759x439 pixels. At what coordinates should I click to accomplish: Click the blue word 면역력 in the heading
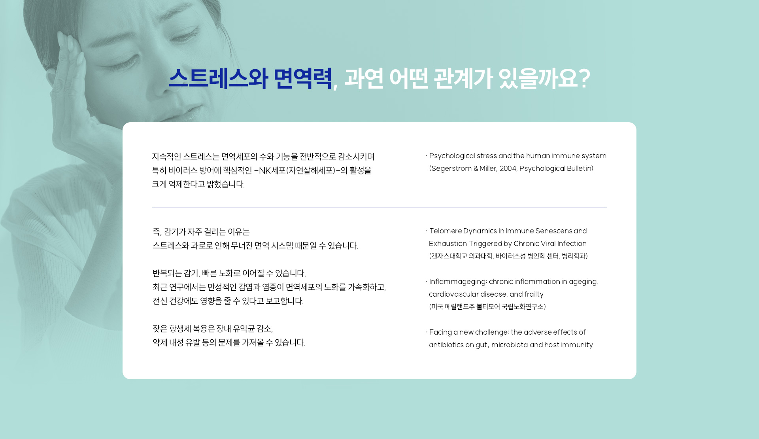tap(302, 78)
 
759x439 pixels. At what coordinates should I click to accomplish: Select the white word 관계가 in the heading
tap(463, 78)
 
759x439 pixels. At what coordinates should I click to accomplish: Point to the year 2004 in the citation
tap(508, 168)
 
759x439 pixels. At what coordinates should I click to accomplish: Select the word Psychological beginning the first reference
tap(452, 156)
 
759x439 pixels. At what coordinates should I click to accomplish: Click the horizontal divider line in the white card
tap(379, 208)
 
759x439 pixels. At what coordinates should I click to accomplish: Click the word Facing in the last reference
tap(440, 332)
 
